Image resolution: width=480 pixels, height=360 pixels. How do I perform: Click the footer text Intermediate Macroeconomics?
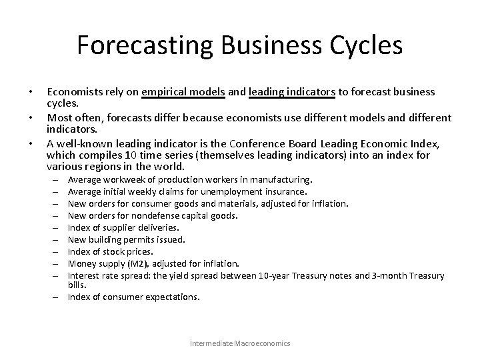(240, 343)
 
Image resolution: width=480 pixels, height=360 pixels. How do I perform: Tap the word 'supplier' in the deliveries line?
(116, 227)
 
